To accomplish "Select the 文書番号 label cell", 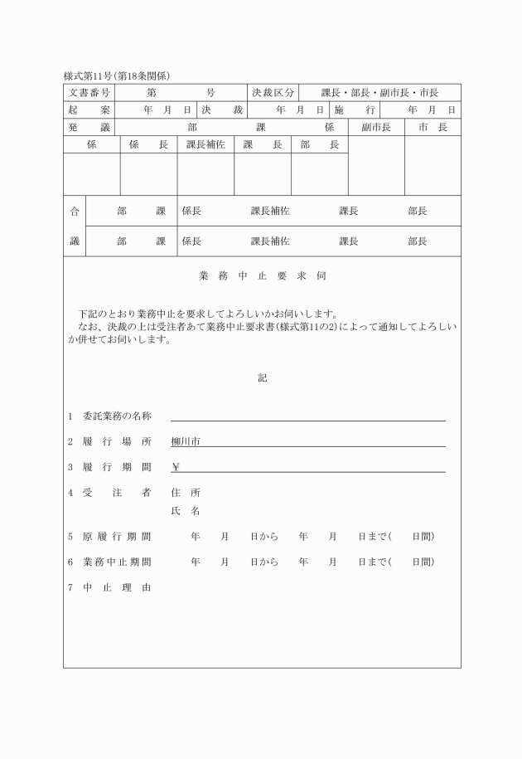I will (x=89, y=92).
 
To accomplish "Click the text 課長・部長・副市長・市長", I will (x=379, y=92).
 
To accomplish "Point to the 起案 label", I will (x=89, y=109).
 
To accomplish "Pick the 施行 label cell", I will (x=355, y=109).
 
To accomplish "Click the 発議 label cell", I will (x=89, y=127).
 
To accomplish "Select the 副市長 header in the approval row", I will (x=375, y=127).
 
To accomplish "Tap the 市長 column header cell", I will (x=433, y=127).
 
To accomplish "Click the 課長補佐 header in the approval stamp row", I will (x=205, y=144).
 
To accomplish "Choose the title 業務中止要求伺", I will (x=262, y=275).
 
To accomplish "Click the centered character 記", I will (x=262, y=377).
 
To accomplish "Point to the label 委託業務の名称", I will (x=116, y=416).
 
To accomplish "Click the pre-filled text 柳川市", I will (x=186, y=441).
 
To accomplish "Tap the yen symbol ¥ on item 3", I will (x=176, y=467).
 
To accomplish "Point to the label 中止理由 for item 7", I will (x=116, y=588).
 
